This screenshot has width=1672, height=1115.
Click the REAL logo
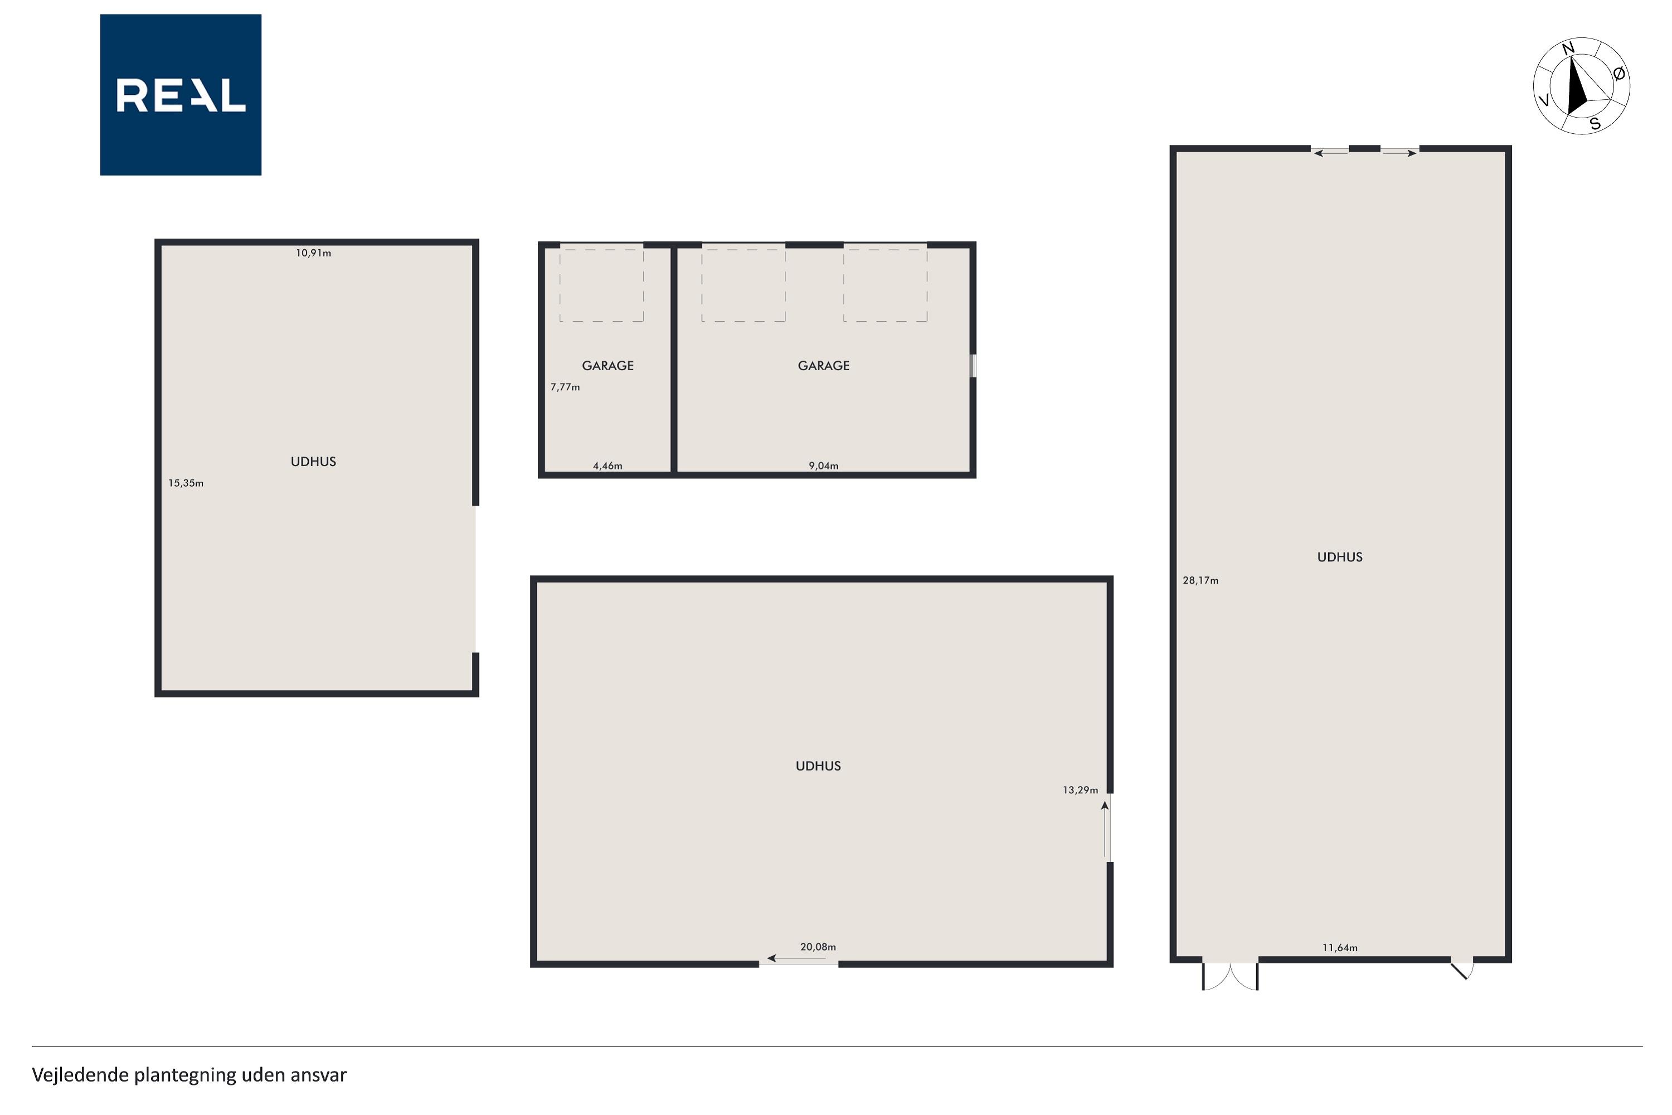coord(181,95)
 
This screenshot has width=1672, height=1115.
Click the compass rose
coord(1581,86)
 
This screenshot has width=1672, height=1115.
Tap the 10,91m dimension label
coord(313,253)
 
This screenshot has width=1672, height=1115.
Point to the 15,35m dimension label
coord(186,483)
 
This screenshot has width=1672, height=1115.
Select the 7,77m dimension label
coord(565,387)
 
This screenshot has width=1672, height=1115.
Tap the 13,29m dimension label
coord(1081,790)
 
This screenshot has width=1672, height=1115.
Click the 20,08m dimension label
coord(818,947)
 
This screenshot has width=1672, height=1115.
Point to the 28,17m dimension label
coord(1200,581)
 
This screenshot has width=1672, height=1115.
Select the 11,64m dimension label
coord(1340,948)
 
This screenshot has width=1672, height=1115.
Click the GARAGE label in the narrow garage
coord(608,366)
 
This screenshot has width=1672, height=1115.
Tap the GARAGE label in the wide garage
coord(824,366)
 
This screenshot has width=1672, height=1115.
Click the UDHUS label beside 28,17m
coord(1340,557)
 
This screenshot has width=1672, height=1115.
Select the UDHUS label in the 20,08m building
coord(818,767)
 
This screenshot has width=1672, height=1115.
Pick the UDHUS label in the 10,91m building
coord(313,462)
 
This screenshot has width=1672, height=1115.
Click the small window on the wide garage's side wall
coord(974,366)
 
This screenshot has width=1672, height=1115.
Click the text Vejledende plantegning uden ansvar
coord(189,1074)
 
